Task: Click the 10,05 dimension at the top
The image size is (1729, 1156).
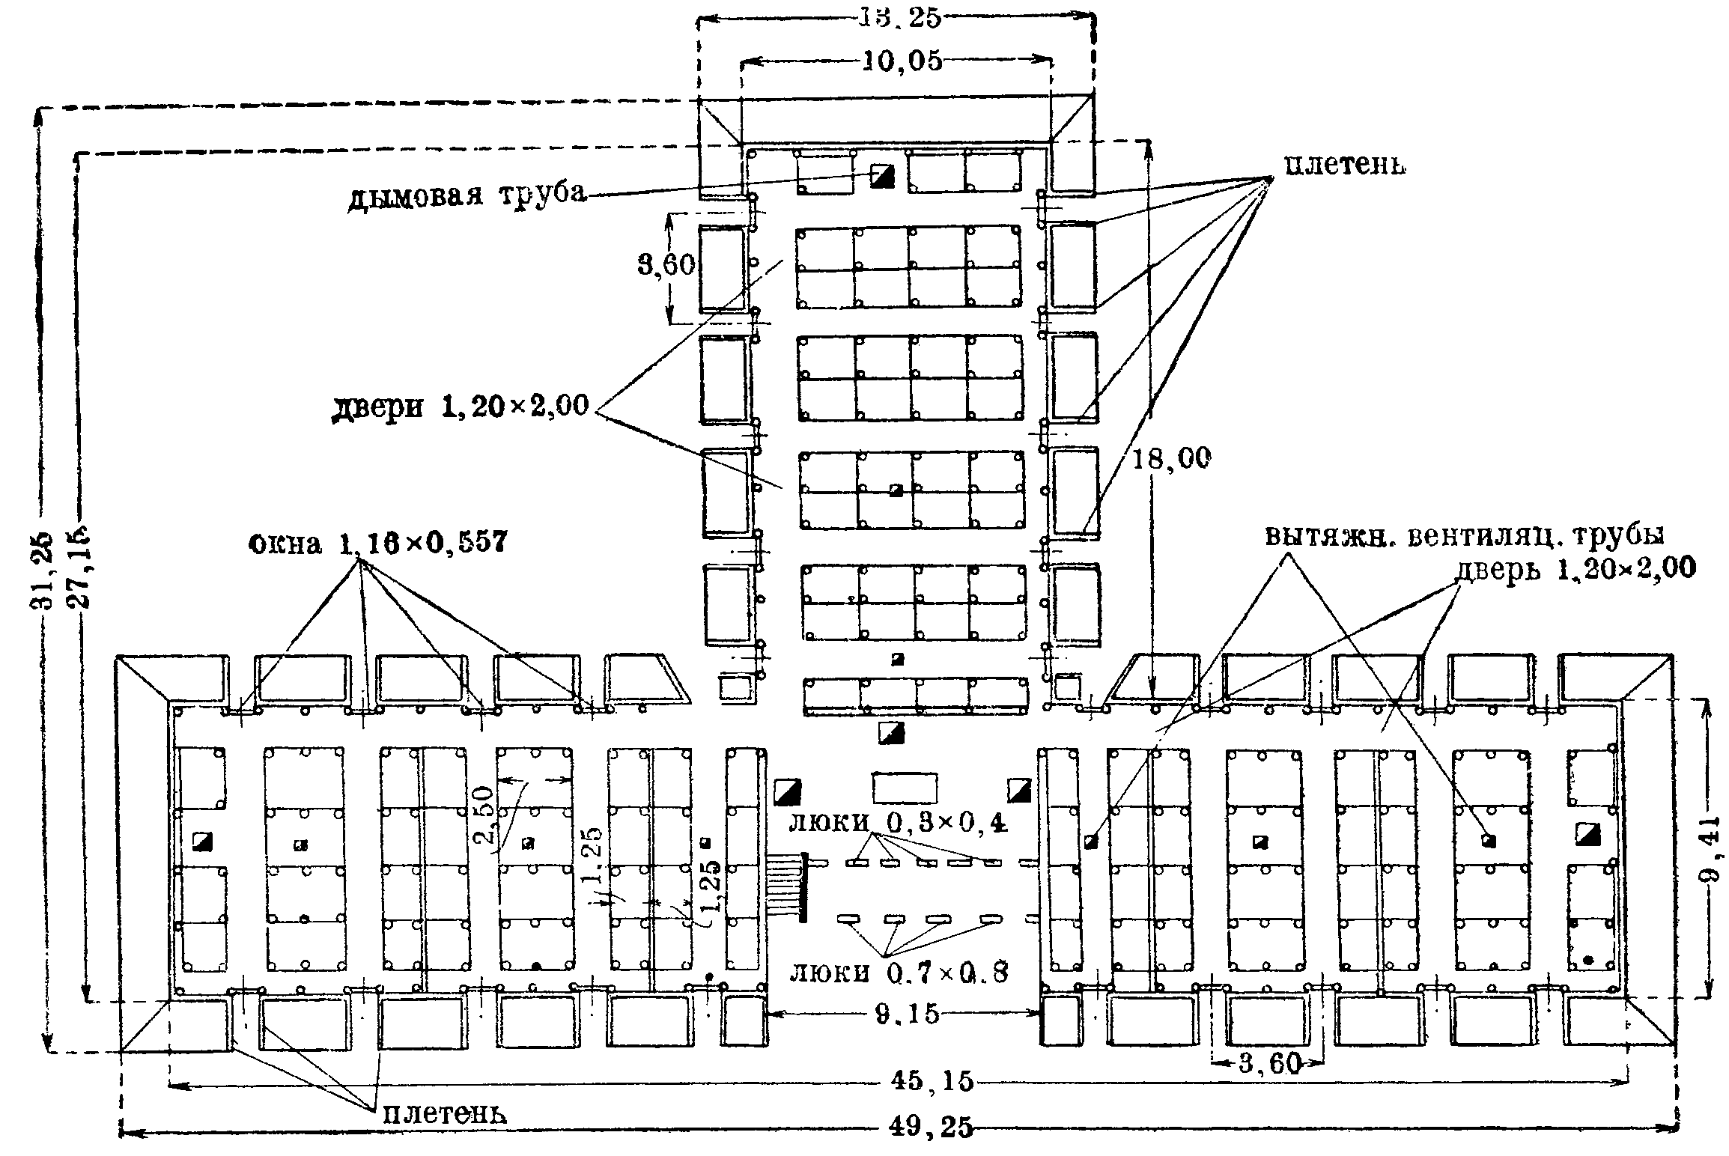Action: [902, 61]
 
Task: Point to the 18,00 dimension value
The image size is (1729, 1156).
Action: [1170, 458]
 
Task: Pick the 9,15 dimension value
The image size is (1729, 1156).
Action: [907, 1014]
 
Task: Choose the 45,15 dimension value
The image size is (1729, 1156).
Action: [932, 1081]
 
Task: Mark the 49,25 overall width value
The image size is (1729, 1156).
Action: [933, 1126]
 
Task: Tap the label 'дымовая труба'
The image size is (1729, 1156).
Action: [467, 196]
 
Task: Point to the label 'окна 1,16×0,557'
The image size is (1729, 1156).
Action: [377, 541]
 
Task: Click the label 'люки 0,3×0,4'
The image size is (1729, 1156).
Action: [899, 824]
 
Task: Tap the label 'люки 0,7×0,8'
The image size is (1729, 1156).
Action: [899, 973]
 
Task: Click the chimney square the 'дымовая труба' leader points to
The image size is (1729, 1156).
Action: [881, 177]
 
